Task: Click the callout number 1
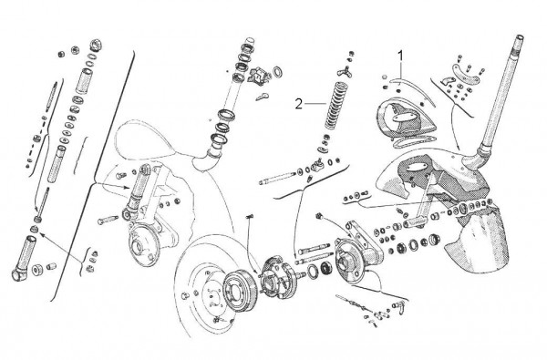point(401,57)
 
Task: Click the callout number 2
point(299,104)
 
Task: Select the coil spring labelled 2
point(335,105)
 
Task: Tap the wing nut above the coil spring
point(345,71)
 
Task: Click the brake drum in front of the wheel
point(240,289)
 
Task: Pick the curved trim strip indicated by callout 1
point(413,91)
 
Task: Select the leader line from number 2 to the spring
point(315,103)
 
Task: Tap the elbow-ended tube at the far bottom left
point(24,258)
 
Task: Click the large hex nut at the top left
point(96,45)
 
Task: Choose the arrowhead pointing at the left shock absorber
point(127,188)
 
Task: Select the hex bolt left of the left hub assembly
point(108,221)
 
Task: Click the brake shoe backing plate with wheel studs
point(278,277)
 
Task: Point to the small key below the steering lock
point(262,97)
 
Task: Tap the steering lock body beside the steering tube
point(259,76)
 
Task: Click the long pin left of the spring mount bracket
point(278,179)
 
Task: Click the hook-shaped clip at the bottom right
point(399,305)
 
